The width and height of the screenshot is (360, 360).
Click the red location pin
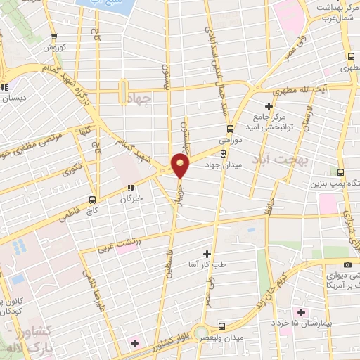tap(181, 167)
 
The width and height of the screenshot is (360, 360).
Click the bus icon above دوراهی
tap(231, 129)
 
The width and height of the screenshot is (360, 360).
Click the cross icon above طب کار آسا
tap(207, 253)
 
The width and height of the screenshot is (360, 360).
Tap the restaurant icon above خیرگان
tap(131, 188)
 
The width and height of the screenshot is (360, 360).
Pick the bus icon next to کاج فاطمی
tap(94, 198)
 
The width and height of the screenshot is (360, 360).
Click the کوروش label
tap(55, 48)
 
